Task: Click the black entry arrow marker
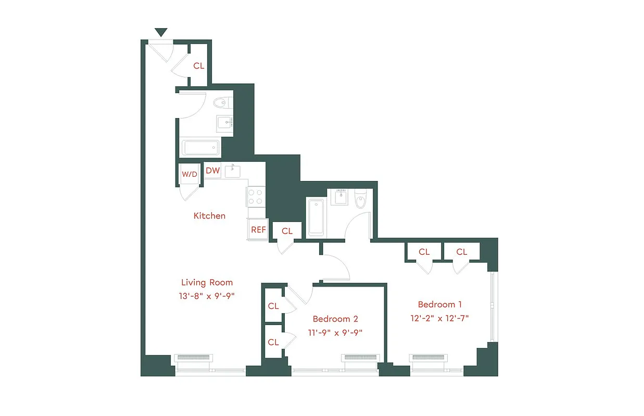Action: pyautogui.click(x=161, y=32)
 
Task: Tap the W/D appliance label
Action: pyautogui.click(x=189, y=174)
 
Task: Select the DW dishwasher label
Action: pyautogui.click(x=212, y=171)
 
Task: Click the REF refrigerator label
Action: pyautogui.click(x=258, y=229)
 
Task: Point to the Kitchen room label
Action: pyautogui.click(x=209, y=215)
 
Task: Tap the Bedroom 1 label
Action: pyautogui.click(x=440, y=304)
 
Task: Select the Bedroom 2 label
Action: pyautogui.click(x=335, y=319)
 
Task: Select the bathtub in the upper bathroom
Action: pyautogui.click(x=200, y=147)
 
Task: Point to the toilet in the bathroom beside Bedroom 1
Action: pyautogui.click(x=360, y=199)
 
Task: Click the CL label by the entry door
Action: pyautogui.click(x=199, y=66)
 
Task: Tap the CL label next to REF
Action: pyautogui.click(x=287, y=231)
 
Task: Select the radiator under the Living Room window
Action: pyautogui.click(x=195, y=358)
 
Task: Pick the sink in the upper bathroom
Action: pyautogui.click(x=225, y=123)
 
